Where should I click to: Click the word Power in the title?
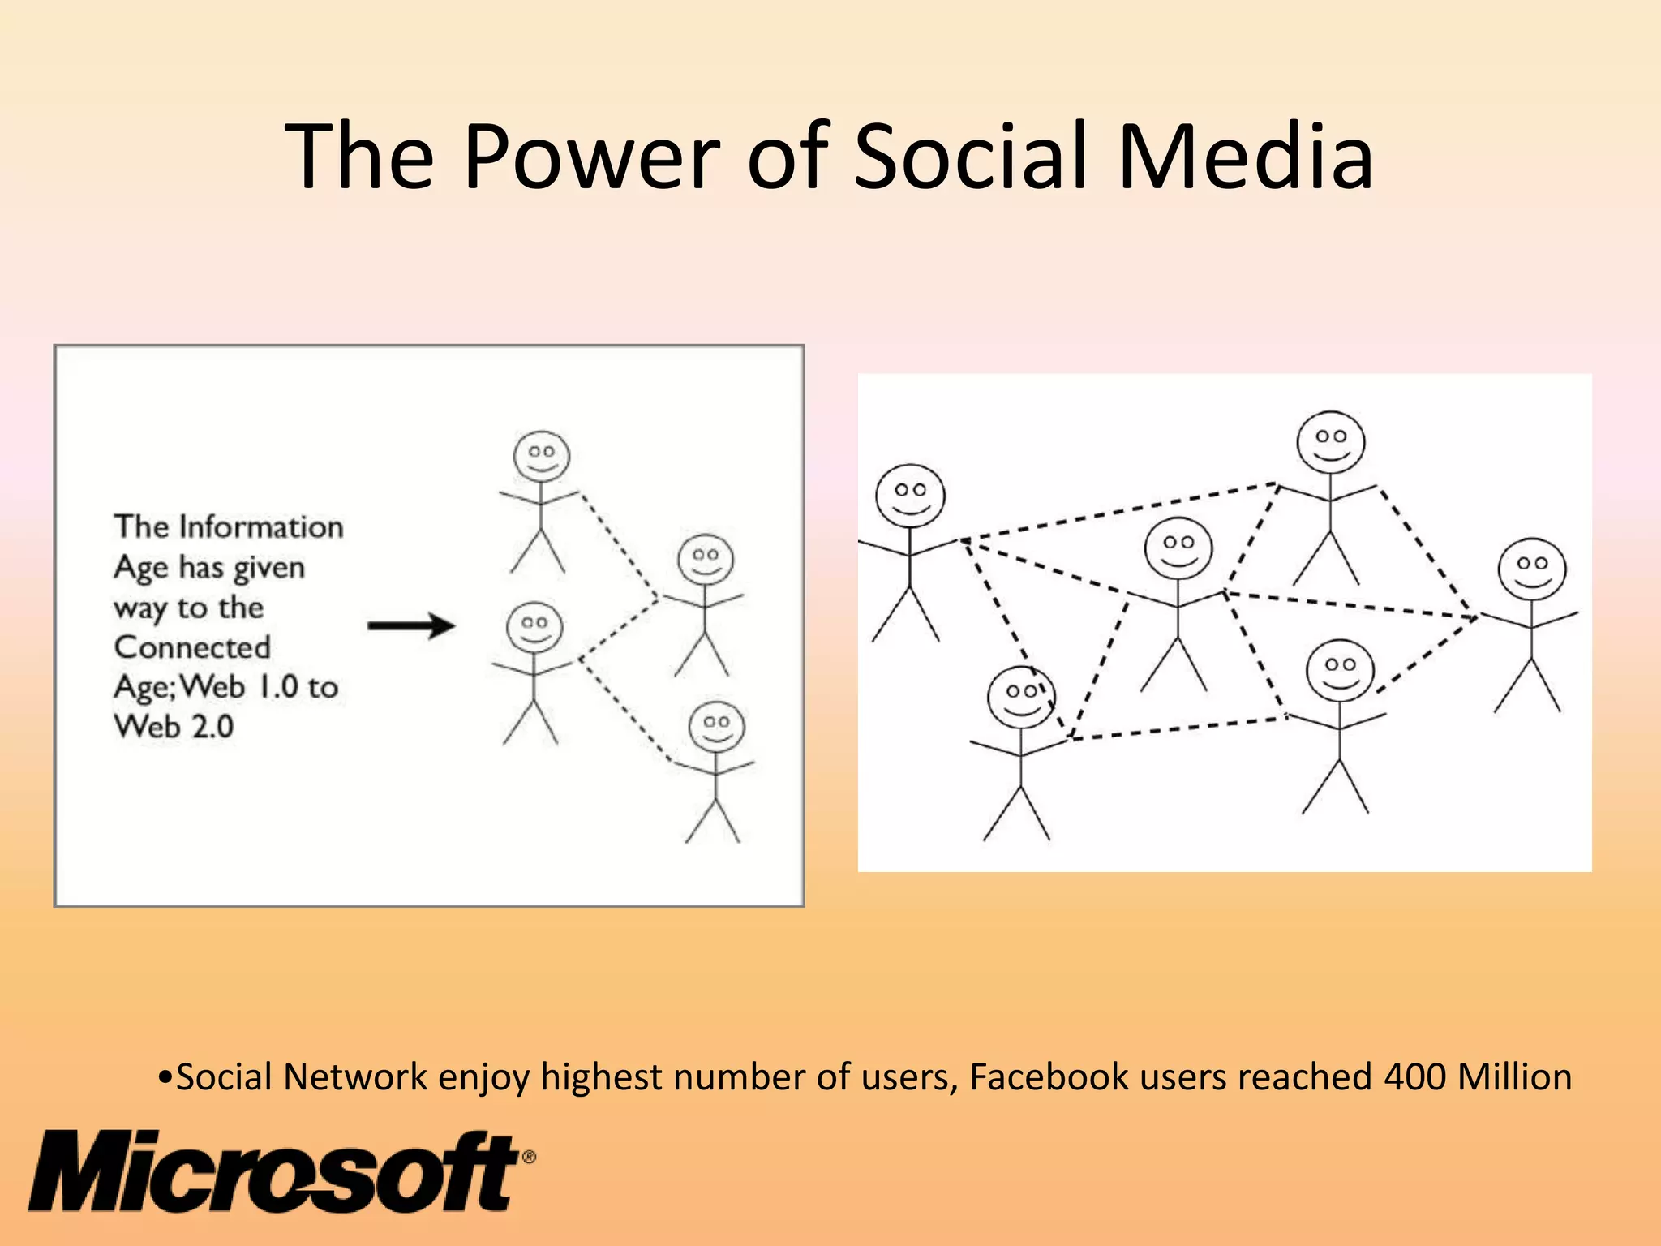(x=591, y=156)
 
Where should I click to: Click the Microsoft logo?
(x=276, y=1172)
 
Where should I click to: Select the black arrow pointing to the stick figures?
(x=411, y=625)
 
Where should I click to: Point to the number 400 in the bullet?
(x=1414, y=1077)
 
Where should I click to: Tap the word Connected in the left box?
(x=192, y=647)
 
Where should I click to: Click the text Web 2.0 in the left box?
(x=174, y=726)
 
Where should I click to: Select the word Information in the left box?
(x=261, y=527)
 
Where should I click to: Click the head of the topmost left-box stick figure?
(x=542, y=457)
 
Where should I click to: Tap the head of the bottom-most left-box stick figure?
(x=716, y=727)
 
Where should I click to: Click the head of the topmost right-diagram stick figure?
(x=1330, y=441)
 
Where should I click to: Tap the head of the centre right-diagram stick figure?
(x=1178, y=548)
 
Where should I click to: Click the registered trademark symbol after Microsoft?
(x=529, y=1157)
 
